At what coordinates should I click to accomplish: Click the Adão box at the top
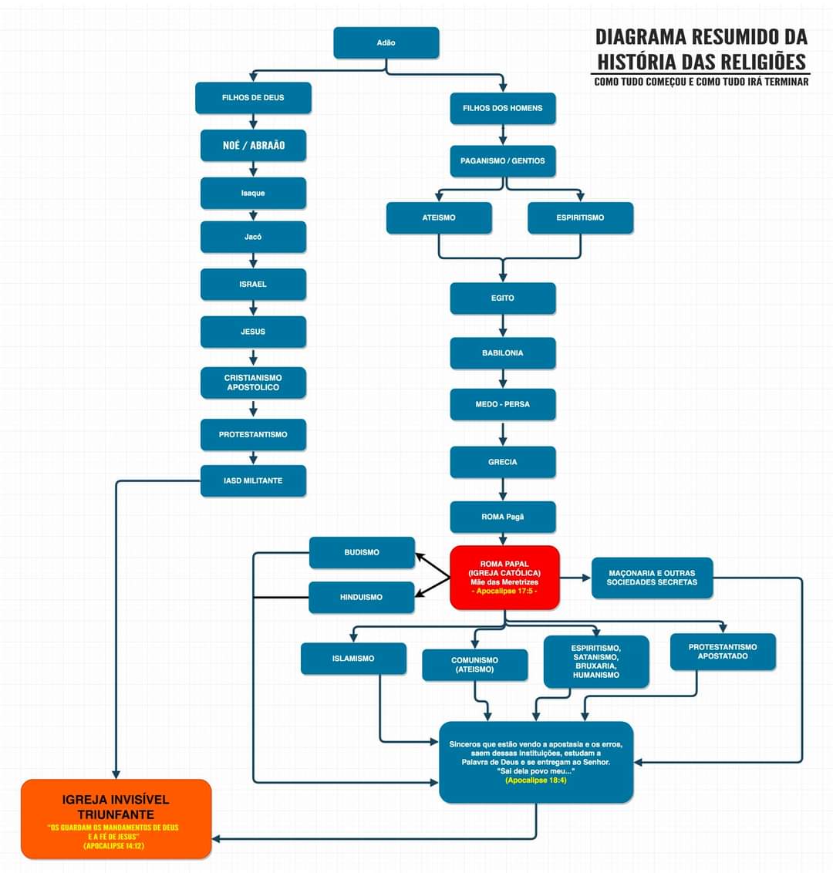coord(386,43)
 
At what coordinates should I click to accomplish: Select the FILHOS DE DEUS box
coord(253,98)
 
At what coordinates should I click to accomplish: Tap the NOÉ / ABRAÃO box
coord(253,145)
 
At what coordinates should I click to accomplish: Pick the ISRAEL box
coord(253,285)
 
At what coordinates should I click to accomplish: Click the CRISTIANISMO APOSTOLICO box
coord(253,383)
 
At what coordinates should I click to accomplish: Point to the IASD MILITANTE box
coord(253,480)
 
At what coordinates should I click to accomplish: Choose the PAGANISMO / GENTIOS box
coord(503,161)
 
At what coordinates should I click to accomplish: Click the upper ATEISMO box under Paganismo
coord(439,217)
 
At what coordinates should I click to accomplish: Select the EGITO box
coord(503,298)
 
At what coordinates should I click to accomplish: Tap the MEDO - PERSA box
coord(503,404)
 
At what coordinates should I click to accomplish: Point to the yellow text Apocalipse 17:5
coord(504,592)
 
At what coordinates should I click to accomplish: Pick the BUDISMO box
coord(362,552)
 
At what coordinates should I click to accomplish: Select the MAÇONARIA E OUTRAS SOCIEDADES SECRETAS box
coord(652,578)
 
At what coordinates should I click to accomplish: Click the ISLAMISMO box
coord(353,659)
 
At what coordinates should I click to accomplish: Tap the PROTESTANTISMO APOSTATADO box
coord(723,652)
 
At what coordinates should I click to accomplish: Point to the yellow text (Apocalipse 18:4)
coord(536,780)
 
